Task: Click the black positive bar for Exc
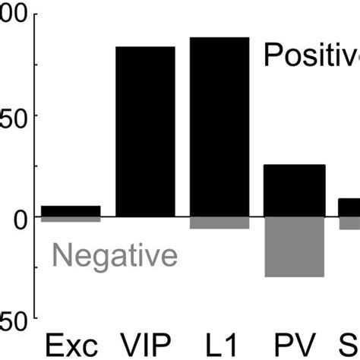71,211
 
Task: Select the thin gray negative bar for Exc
71,219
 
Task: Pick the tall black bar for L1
219,127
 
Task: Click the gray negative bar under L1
219,223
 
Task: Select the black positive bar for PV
294,191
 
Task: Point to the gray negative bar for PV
294,247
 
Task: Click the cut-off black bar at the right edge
349,207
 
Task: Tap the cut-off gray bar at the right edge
349,223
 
